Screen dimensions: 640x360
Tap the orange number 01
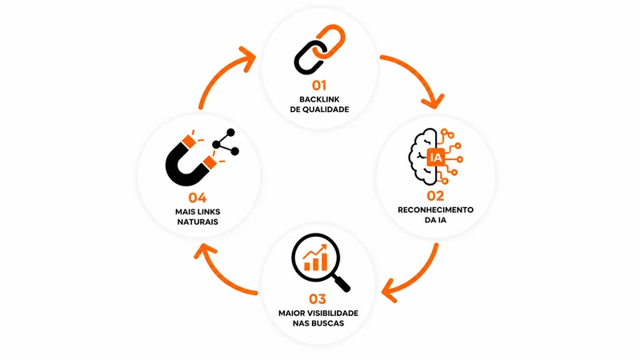click(x=319, y=86)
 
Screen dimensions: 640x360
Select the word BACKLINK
click(x=319, y=99)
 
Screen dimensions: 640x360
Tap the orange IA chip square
click(x=435, y=157)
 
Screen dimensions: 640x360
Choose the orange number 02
click(x=435, y=196)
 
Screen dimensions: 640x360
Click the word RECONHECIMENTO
click(x=435, y=210)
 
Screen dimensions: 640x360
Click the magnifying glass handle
click(x=341, y=282)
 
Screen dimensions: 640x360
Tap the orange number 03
click(x=318, y=299)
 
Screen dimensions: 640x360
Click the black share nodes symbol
click(x=226, y=143)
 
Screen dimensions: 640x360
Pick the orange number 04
click(x=198, y=198)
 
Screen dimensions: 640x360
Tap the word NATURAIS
click(x=198, y=222)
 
